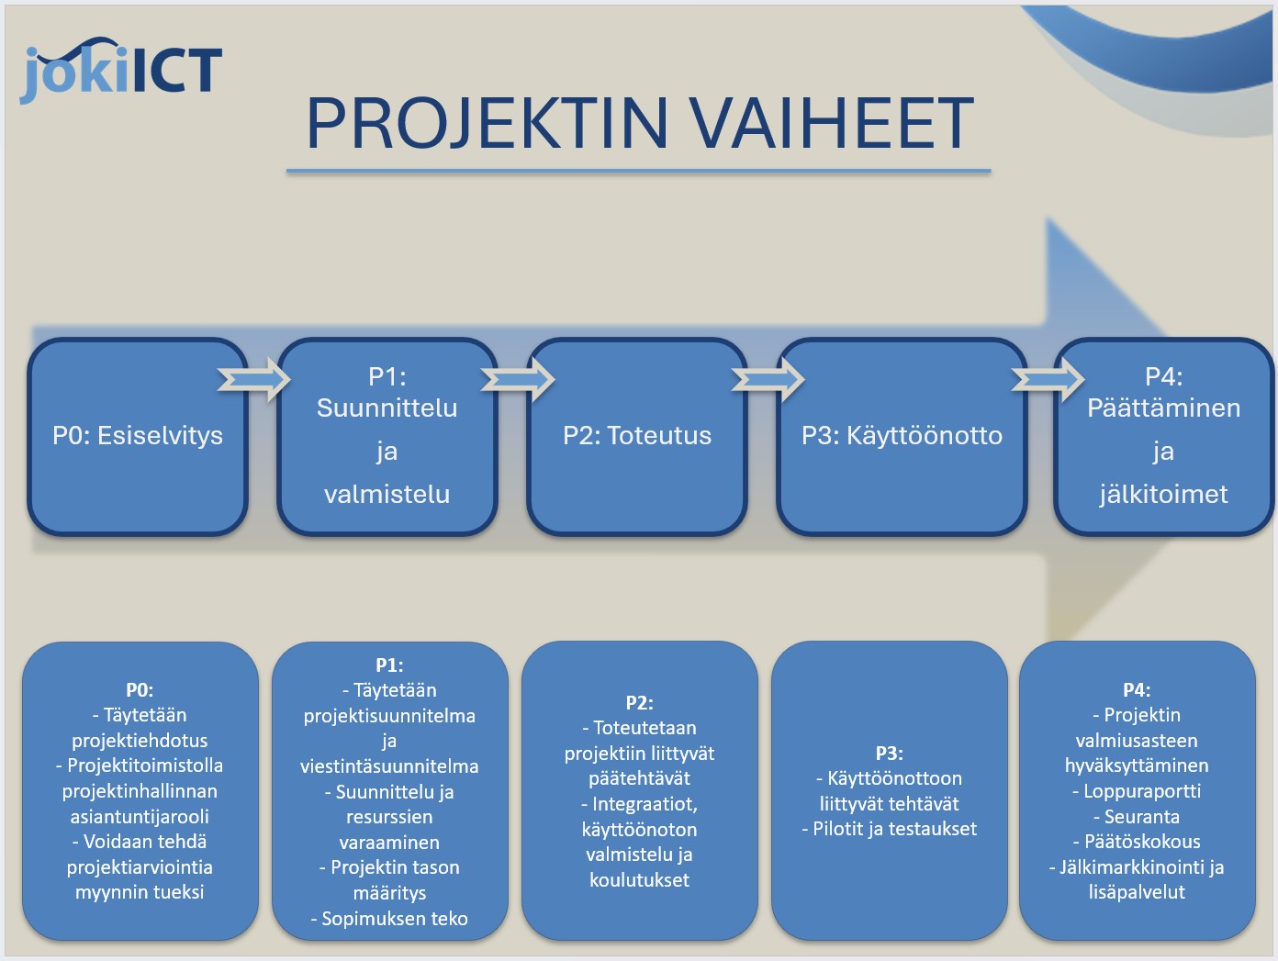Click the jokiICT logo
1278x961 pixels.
121,72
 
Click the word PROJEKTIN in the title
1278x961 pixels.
487,123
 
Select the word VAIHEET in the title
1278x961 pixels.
832,123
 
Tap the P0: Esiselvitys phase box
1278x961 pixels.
138,436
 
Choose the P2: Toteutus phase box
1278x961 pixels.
637,436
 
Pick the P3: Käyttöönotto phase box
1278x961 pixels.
902,436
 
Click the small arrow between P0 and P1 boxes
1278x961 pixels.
253,379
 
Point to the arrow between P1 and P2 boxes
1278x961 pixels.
518,379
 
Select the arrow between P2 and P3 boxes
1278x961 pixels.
768,379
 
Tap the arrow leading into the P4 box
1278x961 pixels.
1048,379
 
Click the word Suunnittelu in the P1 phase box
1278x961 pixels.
387,408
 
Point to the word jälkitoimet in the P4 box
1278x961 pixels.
1163,494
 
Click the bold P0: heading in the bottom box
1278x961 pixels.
140,690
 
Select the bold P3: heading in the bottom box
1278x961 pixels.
889,754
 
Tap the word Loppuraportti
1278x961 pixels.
1141,791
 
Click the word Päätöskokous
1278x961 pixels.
1141,842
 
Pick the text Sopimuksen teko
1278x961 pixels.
395,919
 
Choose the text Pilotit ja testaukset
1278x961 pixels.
894,829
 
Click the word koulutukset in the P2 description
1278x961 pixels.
639,879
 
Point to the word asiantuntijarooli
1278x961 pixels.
140,816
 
